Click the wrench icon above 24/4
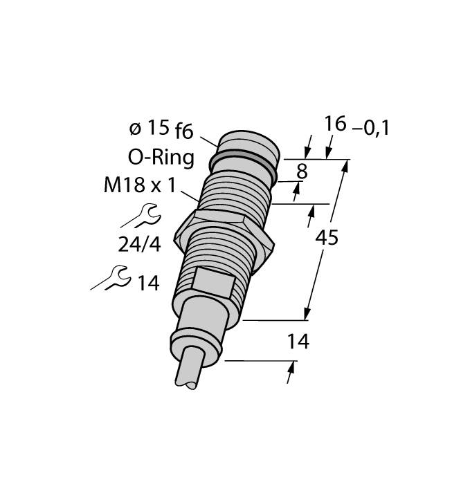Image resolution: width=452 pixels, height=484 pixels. coord(141,216)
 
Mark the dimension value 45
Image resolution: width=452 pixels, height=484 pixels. coord(327,238)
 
